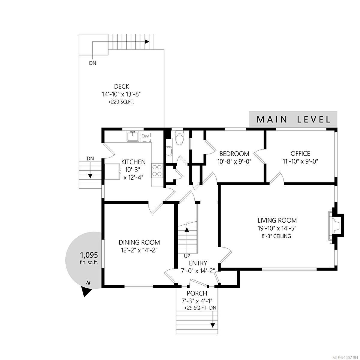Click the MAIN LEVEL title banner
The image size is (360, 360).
tap(293, 119)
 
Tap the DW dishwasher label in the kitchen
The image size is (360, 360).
tap(145, 136)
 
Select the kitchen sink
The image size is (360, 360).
tap(133, 136)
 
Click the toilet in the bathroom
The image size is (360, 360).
tap(179, 137)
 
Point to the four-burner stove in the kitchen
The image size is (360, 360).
tap(157, 170)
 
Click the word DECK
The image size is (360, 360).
tap(121, 86)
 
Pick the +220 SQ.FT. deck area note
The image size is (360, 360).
tap(121, 102)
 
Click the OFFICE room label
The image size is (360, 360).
tap(300, 154)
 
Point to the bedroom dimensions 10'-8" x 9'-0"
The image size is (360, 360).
tap(234, 161)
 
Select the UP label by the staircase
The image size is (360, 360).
tap(187, 256)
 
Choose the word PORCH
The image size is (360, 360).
tap(197, 293)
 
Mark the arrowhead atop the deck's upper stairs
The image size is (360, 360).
tap(147, 42)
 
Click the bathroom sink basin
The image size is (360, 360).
tap(169, 151)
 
